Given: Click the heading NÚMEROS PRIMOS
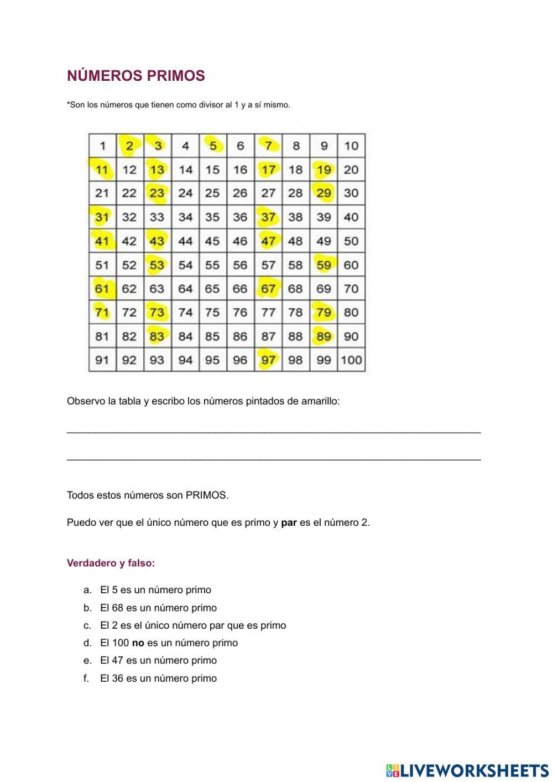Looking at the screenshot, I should pyautogui.click(x=135, y=76).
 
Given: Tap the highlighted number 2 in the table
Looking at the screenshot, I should pyautogui.click(x=129, y=146).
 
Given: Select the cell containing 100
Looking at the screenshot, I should pyautogui.click(x=351, y=360).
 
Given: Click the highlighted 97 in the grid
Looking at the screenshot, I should pyautogui.click(x=268, y=360).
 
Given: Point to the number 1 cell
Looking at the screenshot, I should pyautogui.click(x=102, y=146).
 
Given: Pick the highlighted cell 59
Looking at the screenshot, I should pyautogui.click(x=324, y=265).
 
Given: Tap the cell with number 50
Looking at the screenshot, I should pyautogui.click(x=351, y=241).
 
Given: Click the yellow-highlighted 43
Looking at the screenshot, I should pyautogui.click(x=157, y=241).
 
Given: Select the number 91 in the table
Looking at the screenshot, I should pyautogui.click(x=102, y=360).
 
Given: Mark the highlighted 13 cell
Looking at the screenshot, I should pyautogui.click(x=157, y=170).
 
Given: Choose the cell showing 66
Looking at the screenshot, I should pyautogui.click(x=240, y=289).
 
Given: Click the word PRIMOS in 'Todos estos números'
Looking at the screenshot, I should pyautogui.click(x=206, y=495).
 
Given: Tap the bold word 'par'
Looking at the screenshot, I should pyautogui.click(x=289, y=522).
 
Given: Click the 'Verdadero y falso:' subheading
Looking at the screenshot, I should pyautogui.click(x=111, y=563).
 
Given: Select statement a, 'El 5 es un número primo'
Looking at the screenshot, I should pyautogui.click(x=155, y=590).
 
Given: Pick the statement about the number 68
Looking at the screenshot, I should pyautogui.click(x=158, y=608).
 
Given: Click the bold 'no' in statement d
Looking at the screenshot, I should pyautogui.click(x=138, y=643).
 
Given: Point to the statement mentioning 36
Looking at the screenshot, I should pyautogui.click(x=158, y=679).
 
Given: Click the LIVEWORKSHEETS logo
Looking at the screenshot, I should pyautogui.click(x=467, y=770).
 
